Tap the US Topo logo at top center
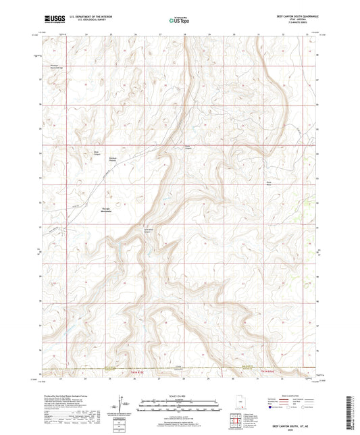(x=179, y=20)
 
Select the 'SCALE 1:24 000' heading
(x=179, y=395)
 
